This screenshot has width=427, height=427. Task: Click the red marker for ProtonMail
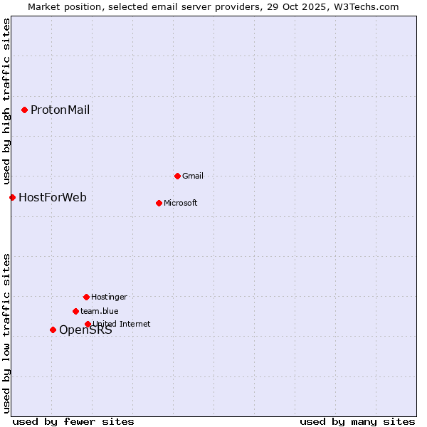click(x=24, y=110)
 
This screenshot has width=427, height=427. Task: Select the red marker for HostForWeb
click(x=12, y=197)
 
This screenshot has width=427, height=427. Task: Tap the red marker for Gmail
click(x=177, y=176)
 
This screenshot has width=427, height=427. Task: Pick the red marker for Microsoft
click(x=159, y=203)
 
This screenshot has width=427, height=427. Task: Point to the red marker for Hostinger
click(x=86, y=297)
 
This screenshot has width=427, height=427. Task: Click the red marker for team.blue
click(x=75, y=311)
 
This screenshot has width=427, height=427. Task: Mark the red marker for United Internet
click(x=88, y=324)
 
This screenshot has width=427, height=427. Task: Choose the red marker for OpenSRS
click(x=53, y=330)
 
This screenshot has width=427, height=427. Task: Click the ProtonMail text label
click(x=60, y=110)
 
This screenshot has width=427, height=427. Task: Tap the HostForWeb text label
click(x=53, y=197)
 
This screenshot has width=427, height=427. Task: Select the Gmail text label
click(x=193, y=176)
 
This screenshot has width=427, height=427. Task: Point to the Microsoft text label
click(x=181, y=203)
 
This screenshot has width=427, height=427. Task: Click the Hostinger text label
click(x=109, y=297)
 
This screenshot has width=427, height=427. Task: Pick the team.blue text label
click(x=100, y=311)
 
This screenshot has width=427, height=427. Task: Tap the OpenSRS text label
click(x=85, y=330)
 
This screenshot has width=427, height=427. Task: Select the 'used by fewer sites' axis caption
click(x=73, y=421)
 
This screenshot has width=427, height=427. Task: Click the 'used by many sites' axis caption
click(x=357, y=421)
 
